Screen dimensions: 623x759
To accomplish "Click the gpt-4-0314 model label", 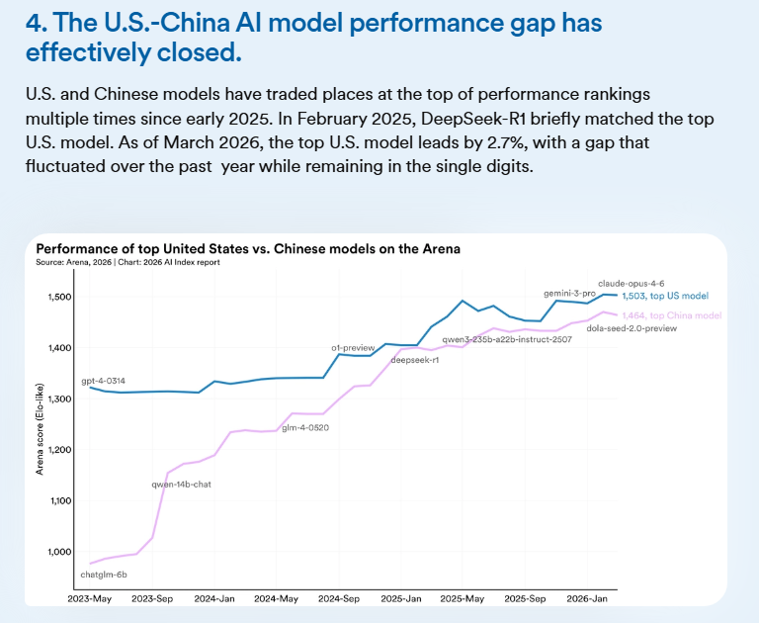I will point(103,381).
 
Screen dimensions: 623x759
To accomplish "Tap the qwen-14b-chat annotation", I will point(181,484).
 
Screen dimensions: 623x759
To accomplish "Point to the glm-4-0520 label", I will point(305,428).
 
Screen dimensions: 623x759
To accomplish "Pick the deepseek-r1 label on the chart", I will point(415,360).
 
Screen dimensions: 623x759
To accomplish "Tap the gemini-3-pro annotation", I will point(570,294).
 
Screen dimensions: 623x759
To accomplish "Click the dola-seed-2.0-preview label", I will point(632,327).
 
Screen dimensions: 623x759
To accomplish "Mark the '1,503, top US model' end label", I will point(664,296).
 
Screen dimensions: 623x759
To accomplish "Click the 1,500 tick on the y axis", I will point(60,298).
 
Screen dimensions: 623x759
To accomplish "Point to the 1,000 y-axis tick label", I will point(60,551).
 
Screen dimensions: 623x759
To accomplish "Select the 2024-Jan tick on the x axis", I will point(213,598).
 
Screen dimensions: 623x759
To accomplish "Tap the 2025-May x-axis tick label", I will point(461,598).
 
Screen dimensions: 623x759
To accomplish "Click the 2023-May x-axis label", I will point(89,598).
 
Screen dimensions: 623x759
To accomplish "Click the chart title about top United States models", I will point(248,249).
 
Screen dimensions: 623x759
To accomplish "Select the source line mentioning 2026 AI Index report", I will point(127,263).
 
